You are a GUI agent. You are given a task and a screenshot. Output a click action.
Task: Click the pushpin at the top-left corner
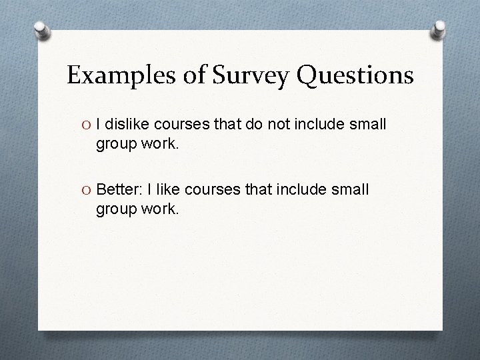[x=41, y=30]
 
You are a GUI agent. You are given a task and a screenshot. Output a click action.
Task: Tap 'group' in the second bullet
[x=115, y=210]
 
